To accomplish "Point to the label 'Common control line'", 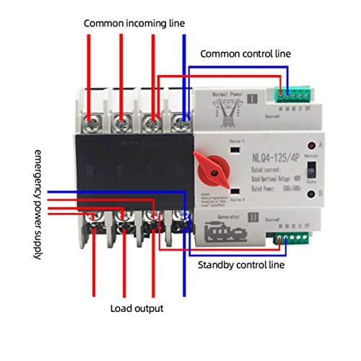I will click(x=245, y=53).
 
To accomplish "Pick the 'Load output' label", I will click(x=137, y=308).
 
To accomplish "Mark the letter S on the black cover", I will click(x=120, y=171).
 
